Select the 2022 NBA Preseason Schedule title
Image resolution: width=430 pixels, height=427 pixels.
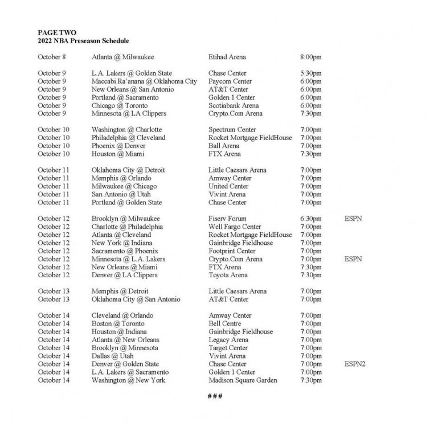[83, 41]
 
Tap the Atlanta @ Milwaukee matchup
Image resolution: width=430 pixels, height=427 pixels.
[122, 57]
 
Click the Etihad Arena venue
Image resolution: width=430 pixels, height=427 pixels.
[228, 57]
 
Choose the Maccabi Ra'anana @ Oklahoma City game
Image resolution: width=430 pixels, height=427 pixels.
[144, 81]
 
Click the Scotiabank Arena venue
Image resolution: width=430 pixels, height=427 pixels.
[234, 105]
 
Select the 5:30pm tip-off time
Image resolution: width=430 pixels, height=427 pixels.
[311, 73]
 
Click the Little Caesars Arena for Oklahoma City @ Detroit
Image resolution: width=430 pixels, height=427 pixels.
[237, 170]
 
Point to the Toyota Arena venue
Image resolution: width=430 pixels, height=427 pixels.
[228, 275]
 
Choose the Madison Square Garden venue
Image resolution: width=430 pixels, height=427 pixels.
[243, 380]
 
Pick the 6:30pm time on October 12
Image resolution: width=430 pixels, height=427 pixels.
[311, 219]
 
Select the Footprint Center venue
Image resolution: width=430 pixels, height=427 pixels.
[232, 251]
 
